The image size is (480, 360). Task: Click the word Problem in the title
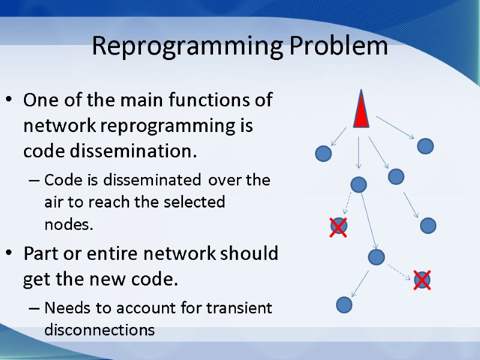point(337,46)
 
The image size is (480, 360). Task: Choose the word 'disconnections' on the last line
point(100,330)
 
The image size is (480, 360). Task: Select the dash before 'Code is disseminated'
point(33,180)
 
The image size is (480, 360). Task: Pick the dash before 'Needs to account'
point(33,309)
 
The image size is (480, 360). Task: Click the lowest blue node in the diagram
point(344,305)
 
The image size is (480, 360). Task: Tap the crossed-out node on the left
point(338,226)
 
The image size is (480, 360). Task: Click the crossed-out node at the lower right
point(422,280)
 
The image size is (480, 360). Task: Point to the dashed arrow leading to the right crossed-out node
point(399,271)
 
